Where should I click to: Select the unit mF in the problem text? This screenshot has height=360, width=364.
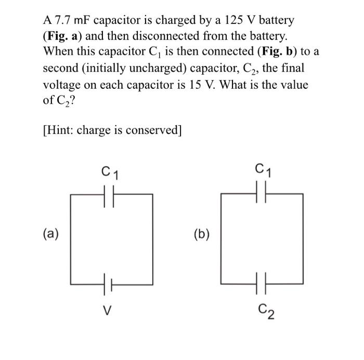point(80,21)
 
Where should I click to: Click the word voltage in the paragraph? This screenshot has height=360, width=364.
point(61,85)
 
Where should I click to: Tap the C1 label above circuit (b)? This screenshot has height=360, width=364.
point(263,170)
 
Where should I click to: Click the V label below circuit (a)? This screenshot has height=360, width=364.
point(107,311)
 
